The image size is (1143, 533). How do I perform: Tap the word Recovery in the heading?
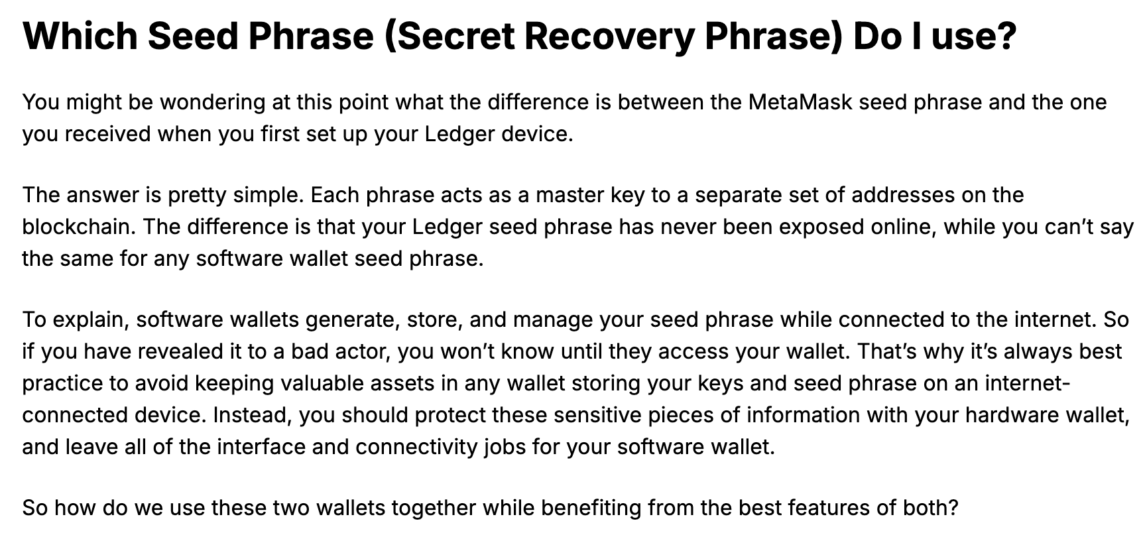[x=609, y=37]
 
